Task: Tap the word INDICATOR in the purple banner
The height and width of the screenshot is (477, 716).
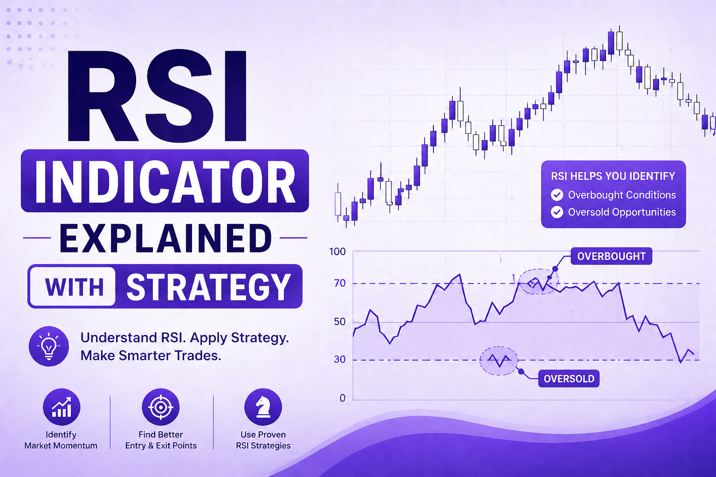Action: (165, 182)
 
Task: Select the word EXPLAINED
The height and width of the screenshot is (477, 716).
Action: (165, 238)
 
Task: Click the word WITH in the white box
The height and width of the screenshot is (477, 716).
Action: (74, 286)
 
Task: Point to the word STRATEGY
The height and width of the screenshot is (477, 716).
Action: (208, 286)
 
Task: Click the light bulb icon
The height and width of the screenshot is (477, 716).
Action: (49, 346)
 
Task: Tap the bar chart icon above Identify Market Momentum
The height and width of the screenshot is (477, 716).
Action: (61, 407)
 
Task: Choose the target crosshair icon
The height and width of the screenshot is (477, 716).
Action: (160, 407)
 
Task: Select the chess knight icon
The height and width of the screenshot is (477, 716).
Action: (263, 407)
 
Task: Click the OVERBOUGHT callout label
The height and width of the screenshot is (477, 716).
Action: (611, 256)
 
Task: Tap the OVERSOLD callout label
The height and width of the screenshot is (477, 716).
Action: (569, 379)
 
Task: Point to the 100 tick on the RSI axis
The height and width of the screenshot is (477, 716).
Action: (337, 252)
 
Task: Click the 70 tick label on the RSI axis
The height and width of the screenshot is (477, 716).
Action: (340, 283)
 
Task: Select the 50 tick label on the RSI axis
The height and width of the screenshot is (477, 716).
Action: (340, 322)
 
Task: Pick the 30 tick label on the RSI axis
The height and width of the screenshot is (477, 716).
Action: (340, 360)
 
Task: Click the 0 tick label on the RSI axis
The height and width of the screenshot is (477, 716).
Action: (343, 398)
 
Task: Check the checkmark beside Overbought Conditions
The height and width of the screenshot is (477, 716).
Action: (557, 195)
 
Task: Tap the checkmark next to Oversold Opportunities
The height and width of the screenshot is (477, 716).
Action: (557, 212)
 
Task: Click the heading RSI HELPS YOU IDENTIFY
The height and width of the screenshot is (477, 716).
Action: (613, 176)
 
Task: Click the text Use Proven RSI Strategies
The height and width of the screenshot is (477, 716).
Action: (263, 440)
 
